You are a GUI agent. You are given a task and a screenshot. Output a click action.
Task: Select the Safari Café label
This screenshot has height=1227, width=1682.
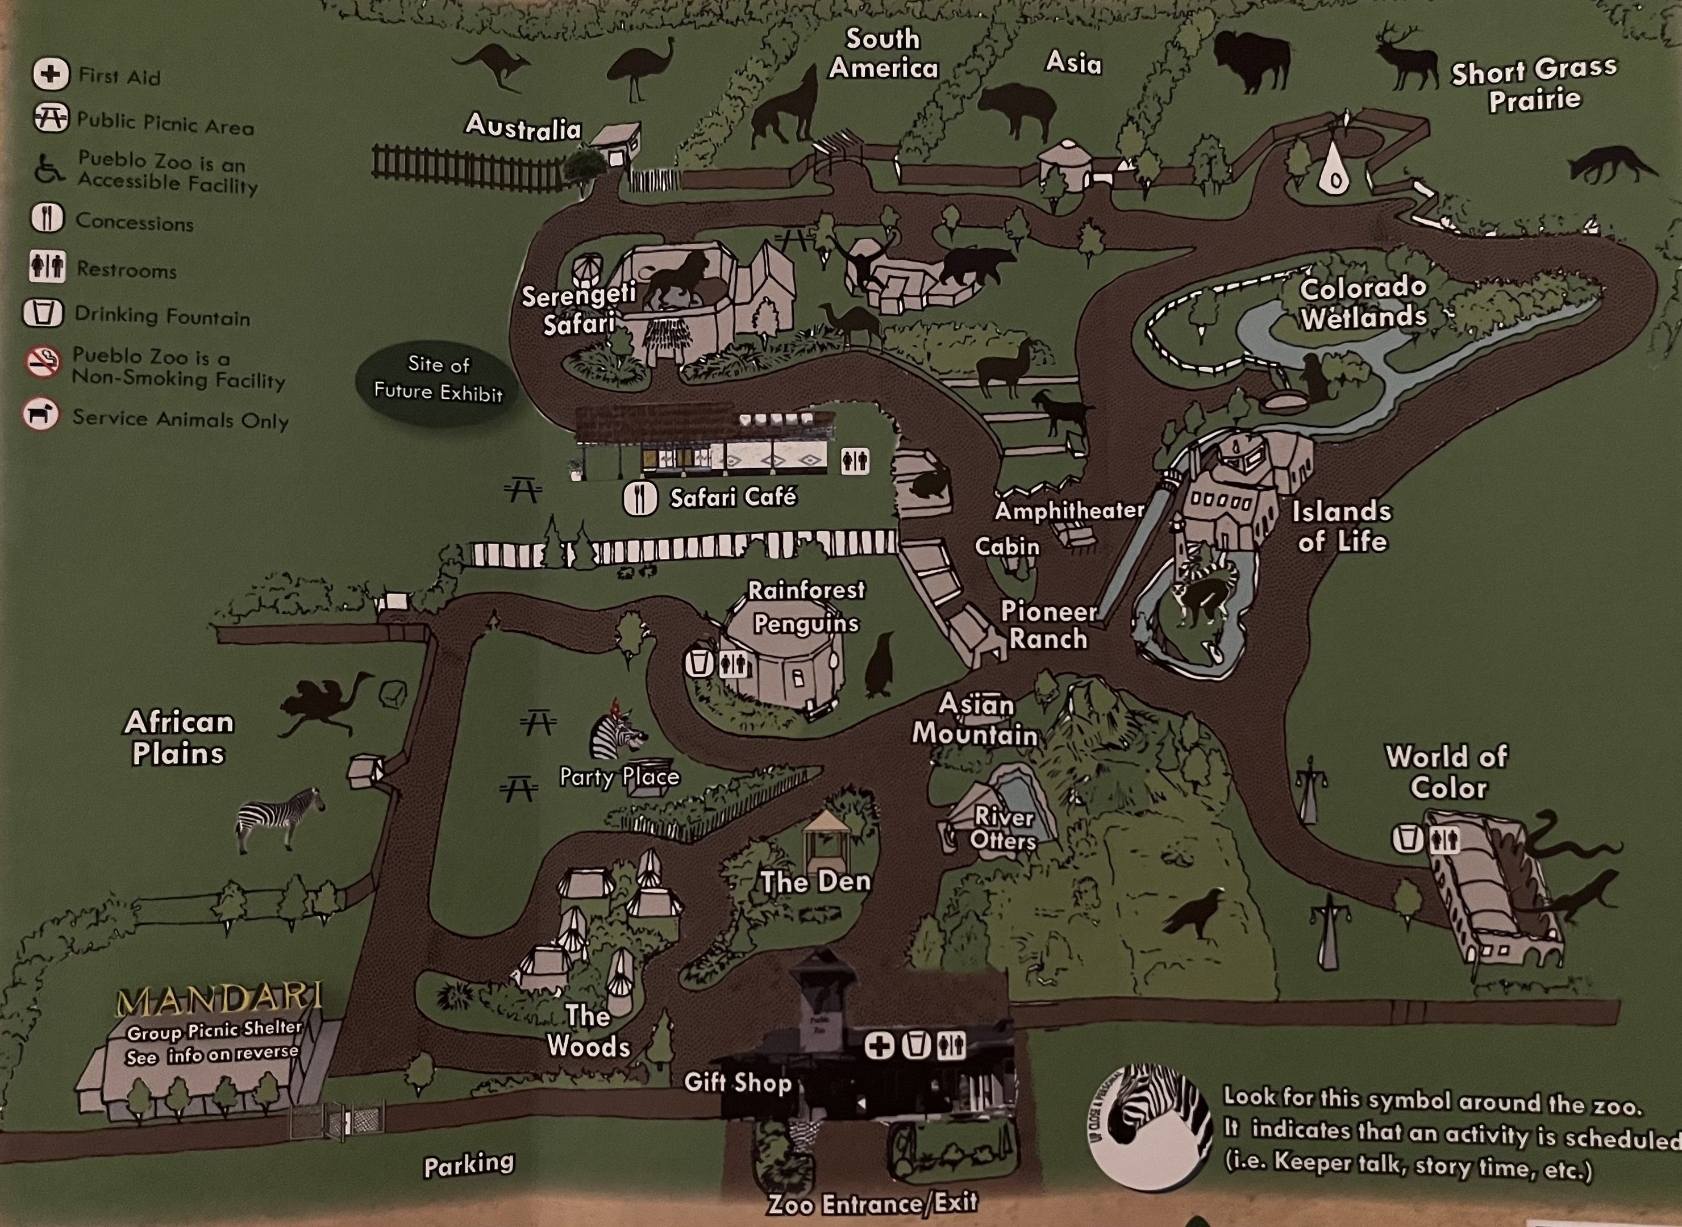[732, 497]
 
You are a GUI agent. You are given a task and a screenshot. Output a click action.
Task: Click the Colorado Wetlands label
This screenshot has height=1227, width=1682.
[1363, 303]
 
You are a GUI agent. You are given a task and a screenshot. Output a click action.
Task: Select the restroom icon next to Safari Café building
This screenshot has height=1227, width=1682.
[855, 461]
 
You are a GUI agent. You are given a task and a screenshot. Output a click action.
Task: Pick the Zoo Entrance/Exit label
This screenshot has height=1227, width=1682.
[872, 1203]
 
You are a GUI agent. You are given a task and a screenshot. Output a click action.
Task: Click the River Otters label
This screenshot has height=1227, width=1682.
[1003, 829]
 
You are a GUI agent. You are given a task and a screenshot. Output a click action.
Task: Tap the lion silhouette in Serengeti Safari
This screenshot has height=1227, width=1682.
[676, 280]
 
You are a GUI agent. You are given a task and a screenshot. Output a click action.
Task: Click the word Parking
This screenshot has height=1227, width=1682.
[469, 1163]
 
